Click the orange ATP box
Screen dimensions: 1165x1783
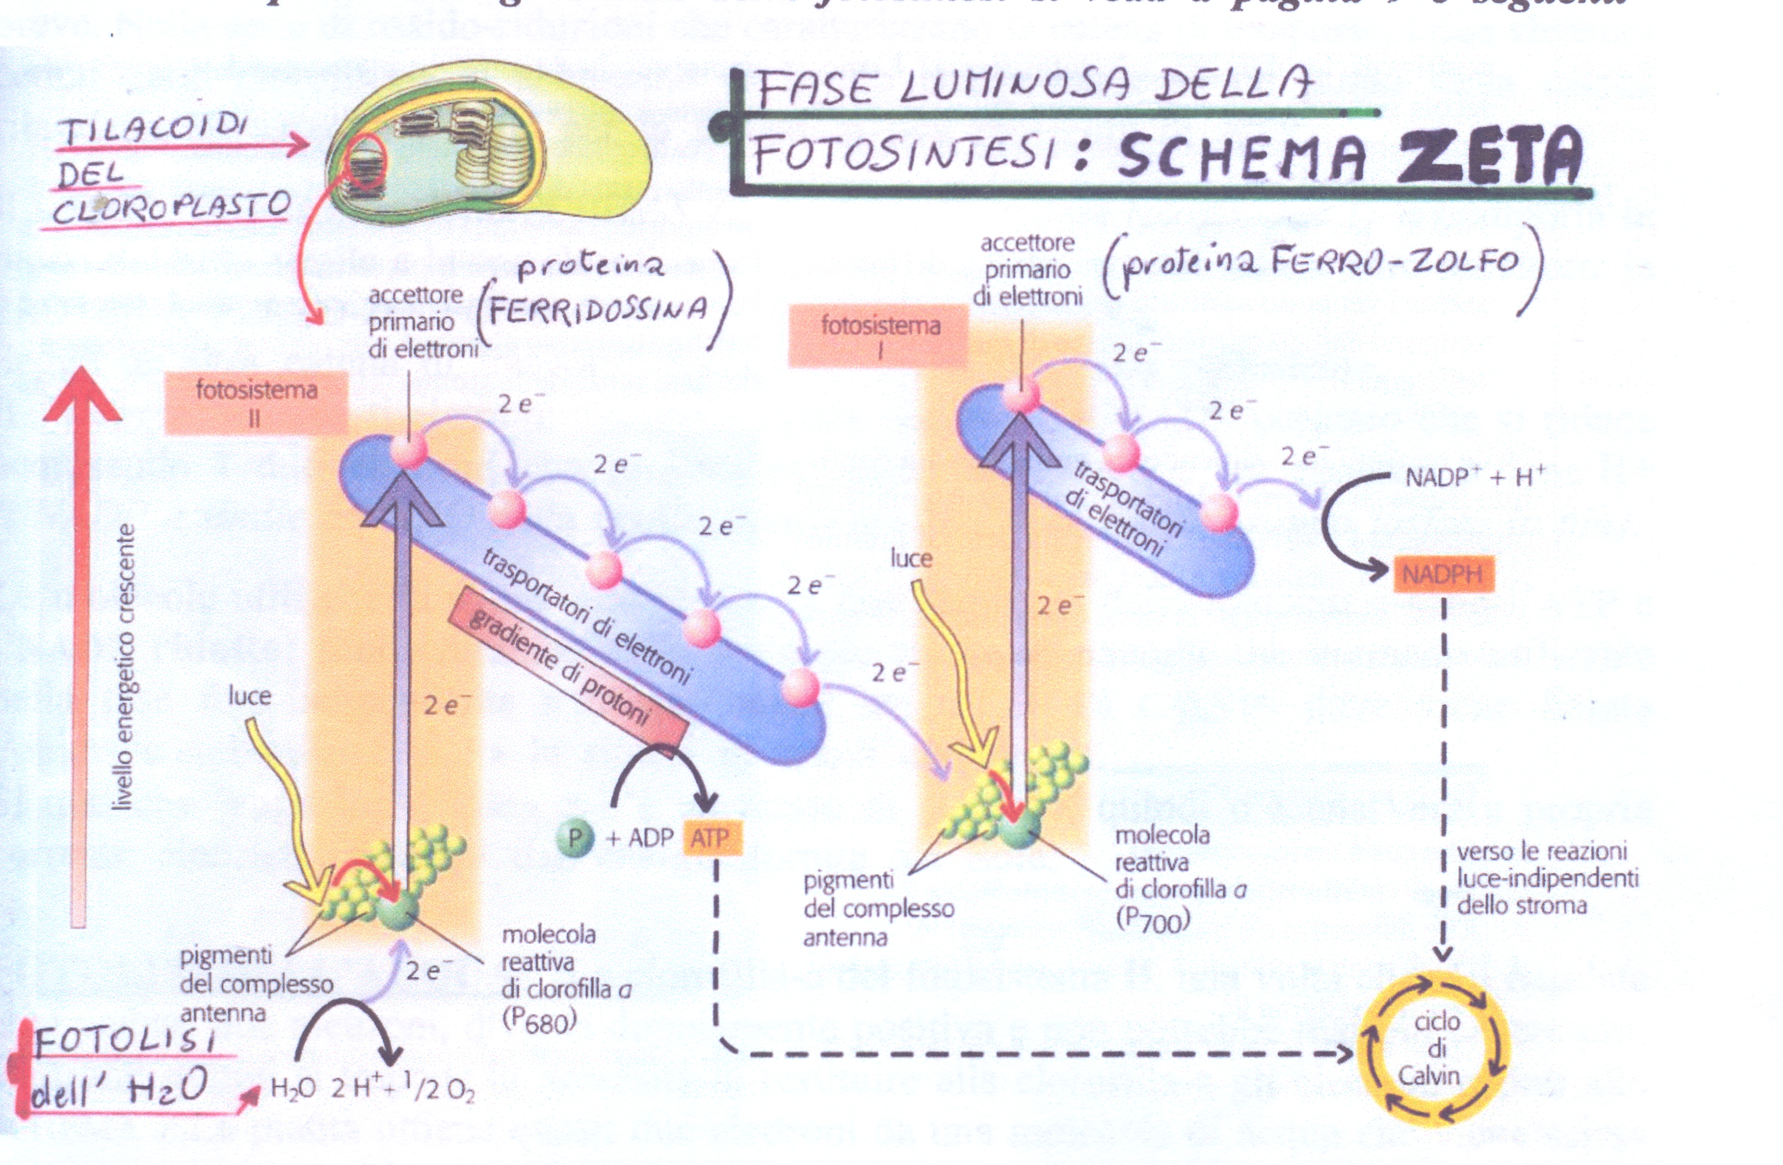(x=712, y=839)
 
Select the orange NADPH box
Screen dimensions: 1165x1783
(x=1443, y=574)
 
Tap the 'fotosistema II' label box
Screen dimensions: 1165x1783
(x=256, y=403)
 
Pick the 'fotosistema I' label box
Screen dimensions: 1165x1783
(x=879, y=337)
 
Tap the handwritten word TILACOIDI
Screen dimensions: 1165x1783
(x=155, y=130)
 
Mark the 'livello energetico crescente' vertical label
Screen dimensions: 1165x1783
(x=125, y=666)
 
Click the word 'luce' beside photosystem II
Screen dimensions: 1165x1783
(x=250, y=696)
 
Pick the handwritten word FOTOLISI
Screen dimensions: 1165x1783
(x=125, y=1041)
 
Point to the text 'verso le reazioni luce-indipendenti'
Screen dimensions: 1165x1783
(x=1547, y=865)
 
